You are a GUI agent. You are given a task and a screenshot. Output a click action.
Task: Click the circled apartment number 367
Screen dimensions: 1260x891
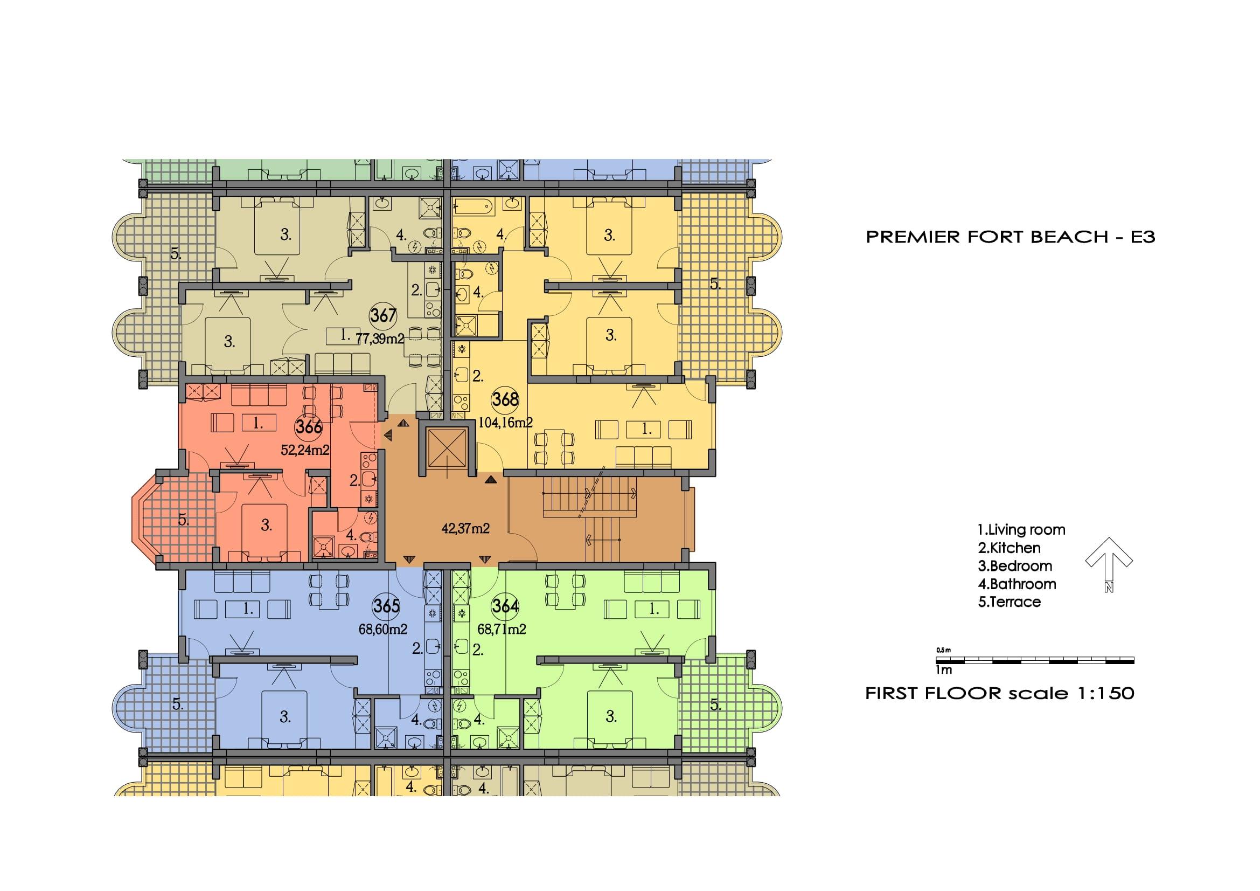[x=383, y=316]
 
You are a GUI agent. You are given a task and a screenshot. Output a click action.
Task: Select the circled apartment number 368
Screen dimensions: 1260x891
[x=505, y=398]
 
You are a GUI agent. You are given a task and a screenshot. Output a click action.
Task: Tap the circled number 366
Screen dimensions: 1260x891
[x=309, y=426]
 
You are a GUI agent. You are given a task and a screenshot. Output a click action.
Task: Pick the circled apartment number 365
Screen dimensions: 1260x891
[x=386, y=606]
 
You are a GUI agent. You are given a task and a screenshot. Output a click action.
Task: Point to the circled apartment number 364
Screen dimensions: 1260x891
[x=505, y=606]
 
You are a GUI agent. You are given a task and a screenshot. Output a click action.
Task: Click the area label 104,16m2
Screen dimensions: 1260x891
[x=505, y=423]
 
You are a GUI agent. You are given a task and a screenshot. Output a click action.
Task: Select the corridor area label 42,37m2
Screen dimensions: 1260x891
[x=465, y=529]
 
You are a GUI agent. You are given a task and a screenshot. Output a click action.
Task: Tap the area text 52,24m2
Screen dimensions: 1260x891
[x=305, y=451]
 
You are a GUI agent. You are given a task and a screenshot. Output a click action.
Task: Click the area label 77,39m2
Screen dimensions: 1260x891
[x=380, y=338]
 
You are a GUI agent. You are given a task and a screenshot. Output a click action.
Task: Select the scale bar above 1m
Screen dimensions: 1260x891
[x=1035, y=660]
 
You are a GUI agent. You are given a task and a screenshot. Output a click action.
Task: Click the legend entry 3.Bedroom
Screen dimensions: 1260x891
[x=1015, y=566]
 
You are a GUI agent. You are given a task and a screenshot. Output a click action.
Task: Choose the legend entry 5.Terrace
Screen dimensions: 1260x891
[x=1009, y=602]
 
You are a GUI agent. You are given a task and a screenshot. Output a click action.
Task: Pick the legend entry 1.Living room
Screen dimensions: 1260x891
[x=1021, y=530]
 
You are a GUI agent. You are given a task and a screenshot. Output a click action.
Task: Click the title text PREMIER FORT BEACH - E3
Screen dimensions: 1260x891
[x=1010, y=237]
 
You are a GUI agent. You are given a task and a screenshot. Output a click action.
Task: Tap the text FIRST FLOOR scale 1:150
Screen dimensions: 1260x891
[x=1000, y=693]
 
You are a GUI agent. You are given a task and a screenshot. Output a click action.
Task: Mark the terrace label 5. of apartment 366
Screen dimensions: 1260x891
[x=183, y=519]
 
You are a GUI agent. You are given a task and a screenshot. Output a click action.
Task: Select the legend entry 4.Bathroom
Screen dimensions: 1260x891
[x=1017, y=584]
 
